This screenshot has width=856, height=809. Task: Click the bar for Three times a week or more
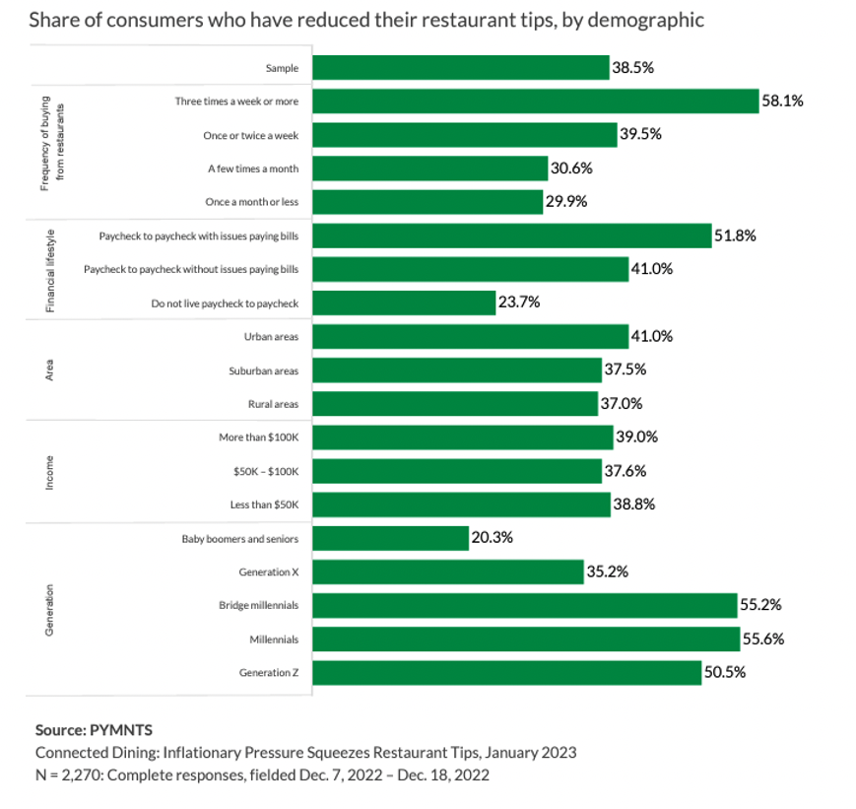click(535, 101)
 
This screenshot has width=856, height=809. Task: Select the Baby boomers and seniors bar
click(390, 538)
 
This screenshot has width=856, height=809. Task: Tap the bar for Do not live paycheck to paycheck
click(404, 303)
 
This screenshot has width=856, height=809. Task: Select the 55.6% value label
click(762, 639)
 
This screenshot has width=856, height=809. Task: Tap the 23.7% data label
click(519, 303)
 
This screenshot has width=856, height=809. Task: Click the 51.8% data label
click(735, 236)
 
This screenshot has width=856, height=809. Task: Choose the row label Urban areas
click(271, 337)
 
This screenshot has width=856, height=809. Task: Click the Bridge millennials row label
click(258, 605)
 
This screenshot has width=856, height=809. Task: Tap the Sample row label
click(282, 68)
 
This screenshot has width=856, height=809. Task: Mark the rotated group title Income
click(48, 471)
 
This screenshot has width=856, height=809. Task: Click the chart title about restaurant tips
click(366, 20)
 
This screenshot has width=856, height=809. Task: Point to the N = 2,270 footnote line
click(262, 775)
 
